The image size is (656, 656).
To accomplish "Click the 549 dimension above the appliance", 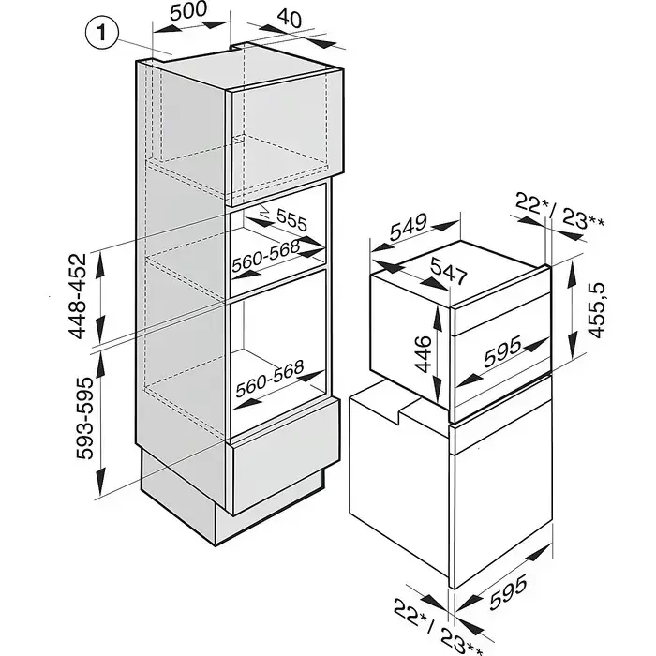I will pos(410,228).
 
